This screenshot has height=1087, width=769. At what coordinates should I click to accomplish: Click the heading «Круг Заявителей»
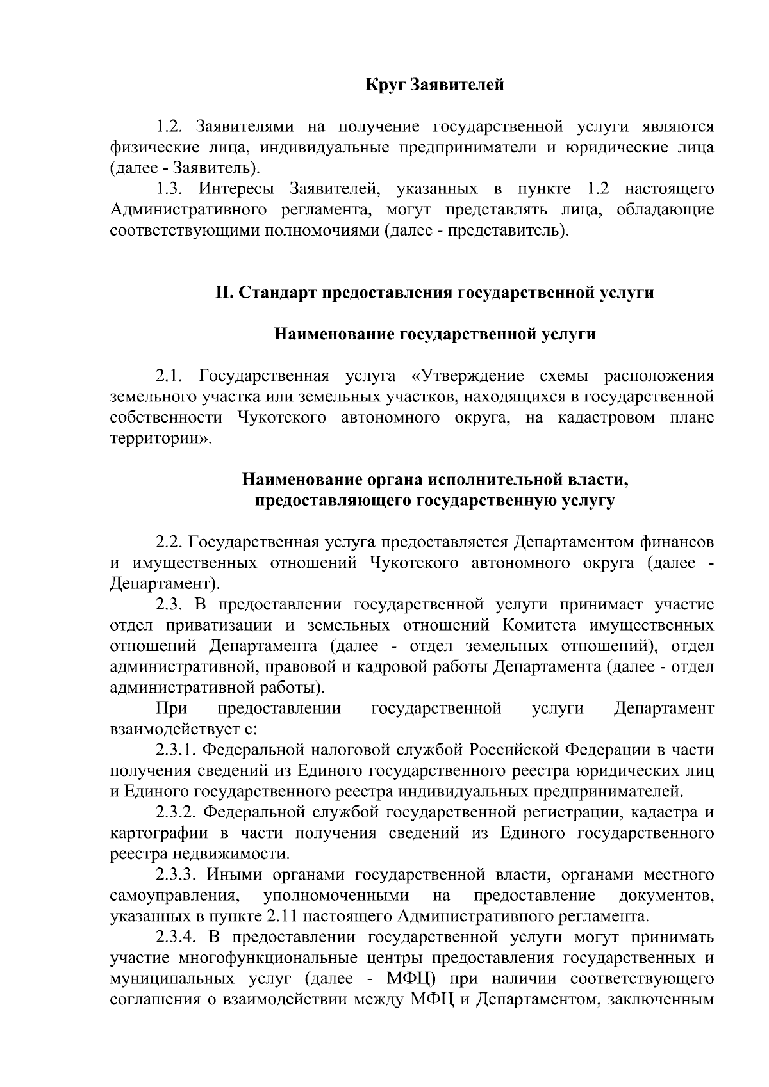pos(434,85)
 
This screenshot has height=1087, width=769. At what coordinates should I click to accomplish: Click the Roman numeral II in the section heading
pos(224,293)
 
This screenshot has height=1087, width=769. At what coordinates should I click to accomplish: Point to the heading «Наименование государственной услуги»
pos(434,334)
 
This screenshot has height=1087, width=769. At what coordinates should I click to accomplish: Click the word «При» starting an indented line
pos(171,709)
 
